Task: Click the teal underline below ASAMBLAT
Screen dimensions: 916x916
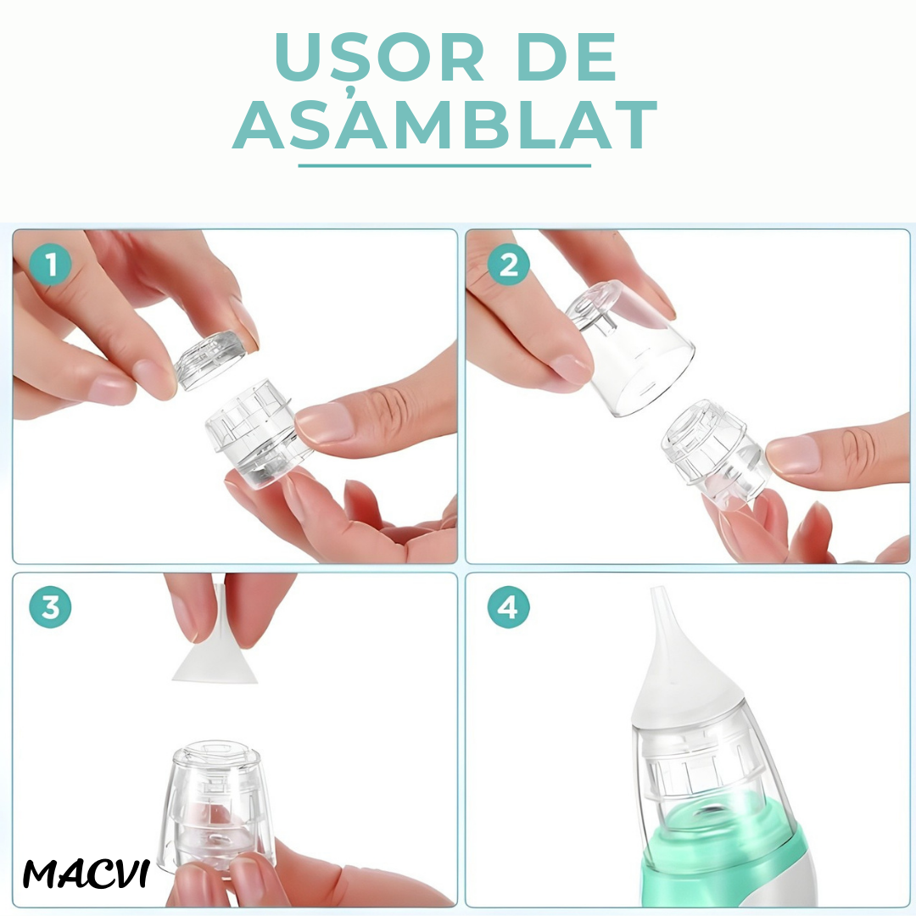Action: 444,166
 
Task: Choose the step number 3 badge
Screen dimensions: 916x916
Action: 50,607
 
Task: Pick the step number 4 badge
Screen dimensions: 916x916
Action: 508,607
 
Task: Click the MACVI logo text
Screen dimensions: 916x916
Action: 86,874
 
